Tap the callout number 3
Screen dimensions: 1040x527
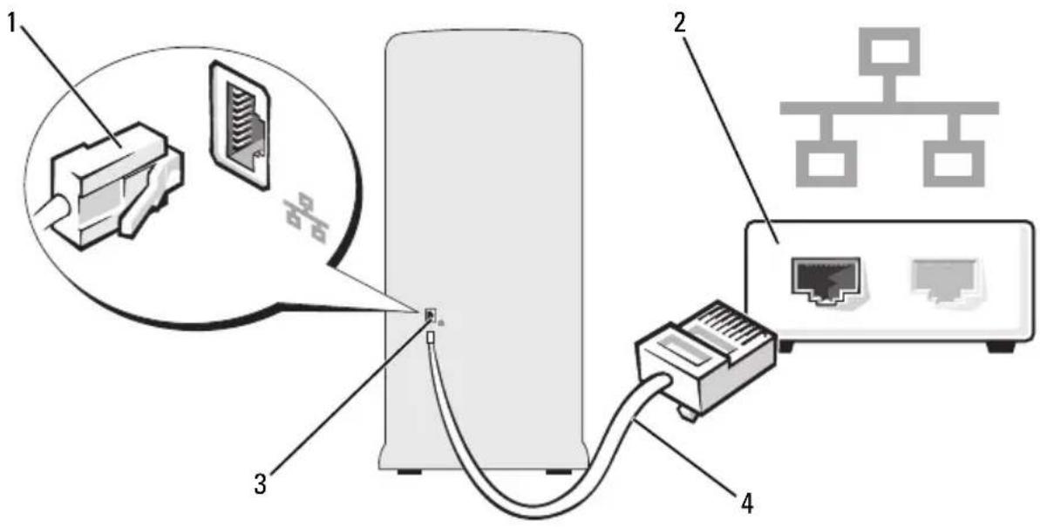(261, 483)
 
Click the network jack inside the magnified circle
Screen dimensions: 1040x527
(241, 123)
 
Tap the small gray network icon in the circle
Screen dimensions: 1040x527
(307, 217)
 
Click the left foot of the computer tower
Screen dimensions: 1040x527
(409, 473)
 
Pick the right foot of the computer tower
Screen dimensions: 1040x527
(559, 473)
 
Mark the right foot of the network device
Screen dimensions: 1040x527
(1000, 346)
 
